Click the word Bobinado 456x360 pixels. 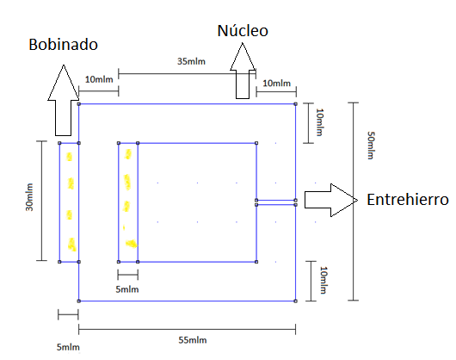coord(63,45)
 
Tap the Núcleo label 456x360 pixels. coord(243,30)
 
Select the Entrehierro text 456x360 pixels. coord(408,200)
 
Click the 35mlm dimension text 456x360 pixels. coord(191,61)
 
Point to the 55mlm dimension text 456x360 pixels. coord(193,340)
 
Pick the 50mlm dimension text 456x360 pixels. coord(371,146)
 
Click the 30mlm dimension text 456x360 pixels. coord(29,197)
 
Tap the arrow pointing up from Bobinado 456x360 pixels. coord(64,100)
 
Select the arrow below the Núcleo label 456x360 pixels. coord(243,71)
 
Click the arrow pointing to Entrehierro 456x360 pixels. coord(331,200)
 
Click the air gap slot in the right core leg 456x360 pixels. coord(275,202)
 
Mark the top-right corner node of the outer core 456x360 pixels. coord(295,104)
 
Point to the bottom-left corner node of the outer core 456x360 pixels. coord(78,301)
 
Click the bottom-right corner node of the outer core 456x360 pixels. coord(295,301)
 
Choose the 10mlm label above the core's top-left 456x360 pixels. coord(99,79)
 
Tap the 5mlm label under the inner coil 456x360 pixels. coord(127,289)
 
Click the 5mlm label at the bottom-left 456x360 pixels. coord(68,347)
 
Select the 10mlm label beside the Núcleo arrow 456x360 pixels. coord(276,84)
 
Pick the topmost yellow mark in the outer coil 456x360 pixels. coord(69,157)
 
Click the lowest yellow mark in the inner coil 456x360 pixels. coord(131,244)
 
